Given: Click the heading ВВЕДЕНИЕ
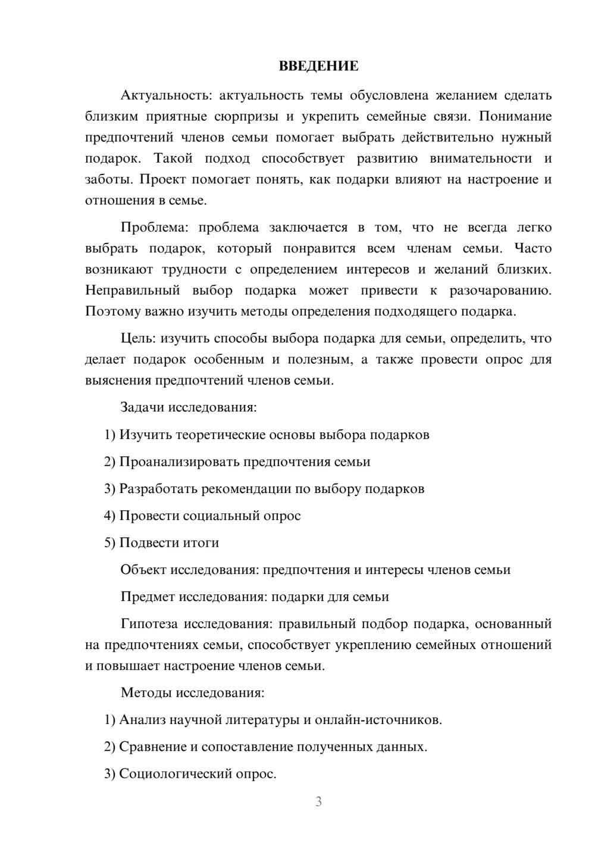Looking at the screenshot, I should (318, 66).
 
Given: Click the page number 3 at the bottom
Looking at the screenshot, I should (318, 802).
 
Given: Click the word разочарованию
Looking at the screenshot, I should (500, 291).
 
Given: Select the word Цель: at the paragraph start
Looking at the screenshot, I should (138, 338).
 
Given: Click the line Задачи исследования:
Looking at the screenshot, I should (189, 407).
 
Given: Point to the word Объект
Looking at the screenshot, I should (143, 570).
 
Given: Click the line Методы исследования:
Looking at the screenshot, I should (192, 693).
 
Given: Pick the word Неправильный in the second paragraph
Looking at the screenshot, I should (132, 291).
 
